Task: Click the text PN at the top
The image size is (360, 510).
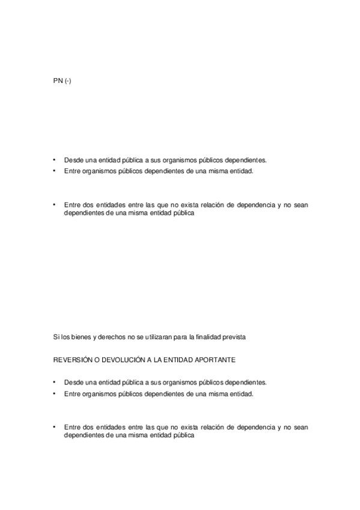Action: [x=58, y=81]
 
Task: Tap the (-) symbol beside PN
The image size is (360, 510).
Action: [x=68, y=81]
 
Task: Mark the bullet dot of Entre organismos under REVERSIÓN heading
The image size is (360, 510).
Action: [x=54, y=393]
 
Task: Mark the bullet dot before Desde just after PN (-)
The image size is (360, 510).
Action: [x=54, y=160]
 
